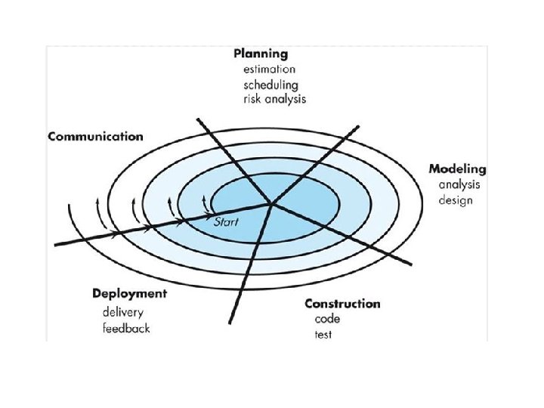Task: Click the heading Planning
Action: point(261,54)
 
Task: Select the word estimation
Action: point(270,70)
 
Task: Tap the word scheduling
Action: point(270,85)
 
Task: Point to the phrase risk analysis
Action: point(274,99)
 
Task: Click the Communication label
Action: point(95,137)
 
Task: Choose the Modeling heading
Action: point(457,168)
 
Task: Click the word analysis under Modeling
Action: point(460,184)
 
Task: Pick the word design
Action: point(456,200)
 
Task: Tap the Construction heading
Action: point(342,304)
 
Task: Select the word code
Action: point(328,319)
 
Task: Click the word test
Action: point(323,335)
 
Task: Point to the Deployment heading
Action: point(129,293)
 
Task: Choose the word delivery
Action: point(123,312)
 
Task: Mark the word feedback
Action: point(127,328)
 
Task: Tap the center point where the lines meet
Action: point(270,203)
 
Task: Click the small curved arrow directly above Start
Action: point(206,203)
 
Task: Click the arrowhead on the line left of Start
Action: point(181,221)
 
